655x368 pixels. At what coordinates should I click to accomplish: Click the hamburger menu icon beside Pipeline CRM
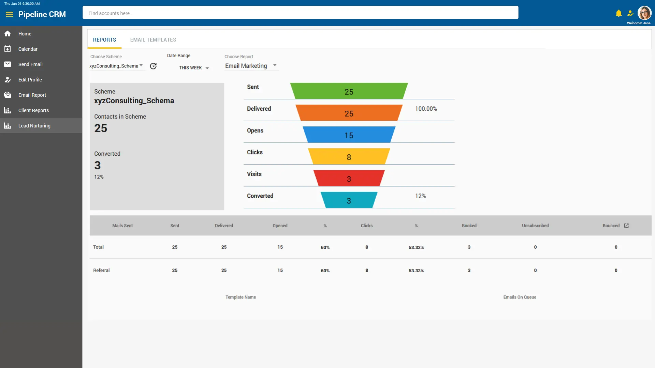[x=9, y=14]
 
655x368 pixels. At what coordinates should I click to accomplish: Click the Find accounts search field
[x=300, y=13]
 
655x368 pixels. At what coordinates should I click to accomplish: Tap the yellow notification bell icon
[x=618, y=13]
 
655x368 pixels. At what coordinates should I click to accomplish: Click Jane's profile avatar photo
[x=644, y=13]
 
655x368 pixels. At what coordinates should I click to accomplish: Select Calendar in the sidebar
[x=28, y=49]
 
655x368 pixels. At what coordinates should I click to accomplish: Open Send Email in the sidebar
[x=30, y=64]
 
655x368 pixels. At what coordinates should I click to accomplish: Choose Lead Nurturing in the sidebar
[x=34, y=126]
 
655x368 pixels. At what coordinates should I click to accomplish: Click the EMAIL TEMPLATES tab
[x=153, y=40]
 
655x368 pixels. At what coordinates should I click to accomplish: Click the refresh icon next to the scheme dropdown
[x=153, y=66]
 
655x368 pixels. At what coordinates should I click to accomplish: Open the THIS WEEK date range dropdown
[x=194, y=68]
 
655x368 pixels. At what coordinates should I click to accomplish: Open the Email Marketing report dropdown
[x=251, y=66]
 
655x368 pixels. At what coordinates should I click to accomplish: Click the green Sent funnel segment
[x=349, y=92]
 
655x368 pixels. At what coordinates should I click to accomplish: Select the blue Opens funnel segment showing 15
[x=349, y=135]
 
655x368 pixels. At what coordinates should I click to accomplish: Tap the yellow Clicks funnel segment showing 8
[x=349, y=157]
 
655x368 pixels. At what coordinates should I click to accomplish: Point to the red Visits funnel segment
[x=349, y=179]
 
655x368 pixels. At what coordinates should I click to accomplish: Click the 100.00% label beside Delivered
[x=426, y=109]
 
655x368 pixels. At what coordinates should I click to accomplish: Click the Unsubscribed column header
[x=535, y=226]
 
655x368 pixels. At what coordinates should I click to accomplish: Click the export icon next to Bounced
[x=626, y=226]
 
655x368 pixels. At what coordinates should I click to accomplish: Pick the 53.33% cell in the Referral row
[x=416, y=271]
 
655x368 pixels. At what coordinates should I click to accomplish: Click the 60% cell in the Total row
[x=325, y=247]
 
